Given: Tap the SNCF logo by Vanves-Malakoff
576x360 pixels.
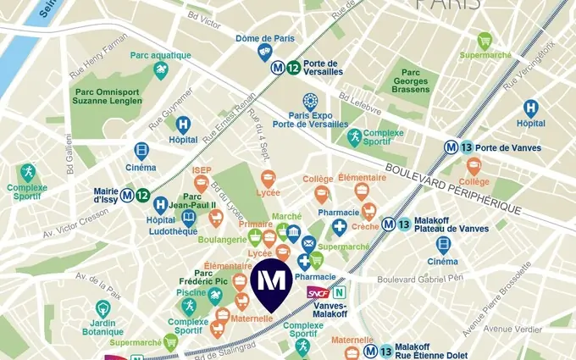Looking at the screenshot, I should [318, 292].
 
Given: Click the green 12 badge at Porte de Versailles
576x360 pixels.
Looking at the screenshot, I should [292, 69].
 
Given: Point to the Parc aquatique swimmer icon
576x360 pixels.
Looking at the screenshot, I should [160, 71].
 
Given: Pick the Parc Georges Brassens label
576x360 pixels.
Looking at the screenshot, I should [411, 81].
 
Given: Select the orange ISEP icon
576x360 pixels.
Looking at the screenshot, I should [201, 186].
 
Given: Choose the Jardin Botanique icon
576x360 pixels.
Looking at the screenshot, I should [102, 309].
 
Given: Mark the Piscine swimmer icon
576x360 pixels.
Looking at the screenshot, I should [215, 295].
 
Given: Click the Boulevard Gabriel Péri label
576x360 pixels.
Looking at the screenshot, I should [420, 279].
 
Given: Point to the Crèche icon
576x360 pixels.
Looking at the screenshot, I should [368, 212].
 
